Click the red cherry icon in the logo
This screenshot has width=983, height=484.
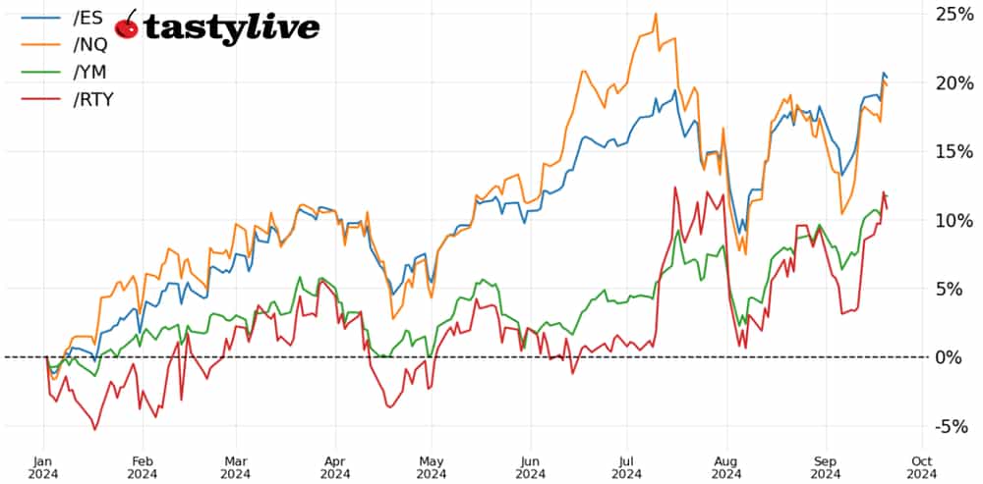(x=127, y=27)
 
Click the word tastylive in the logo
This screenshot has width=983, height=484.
(x=232, y=29)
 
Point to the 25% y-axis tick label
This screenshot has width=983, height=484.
(x=954, y=14)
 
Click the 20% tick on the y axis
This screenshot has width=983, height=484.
(x=954, y=82)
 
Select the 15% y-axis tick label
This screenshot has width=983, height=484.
(x=954, y=151)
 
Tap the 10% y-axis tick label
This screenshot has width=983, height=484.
(x=954, y=220)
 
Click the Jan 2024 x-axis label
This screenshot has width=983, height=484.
(x=44, y=465)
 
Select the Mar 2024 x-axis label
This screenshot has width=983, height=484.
(x=235, y=465)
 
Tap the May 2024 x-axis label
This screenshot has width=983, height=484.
(x=430, y=465)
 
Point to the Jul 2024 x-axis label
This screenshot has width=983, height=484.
(x=624, y=465)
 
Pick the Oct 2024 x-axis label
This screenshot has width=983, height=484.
(x=921, y=465)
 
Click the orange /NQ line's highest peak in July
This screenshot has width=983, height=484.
(x=655, y=14)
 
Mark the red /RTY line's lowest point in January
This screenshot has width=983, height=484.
(x=94, y=429)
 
